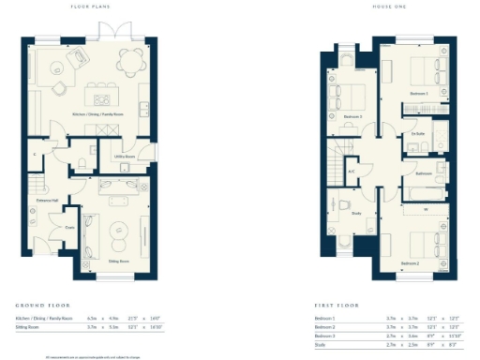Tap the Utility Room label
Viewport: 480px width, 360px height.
coord(125,157)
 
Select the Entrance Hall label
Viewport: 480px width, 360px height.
coord(47,201)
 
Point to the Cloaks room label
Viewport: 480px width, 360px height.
coord(69,226)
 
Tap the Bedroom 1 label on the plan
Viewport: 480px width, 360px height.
coord(418,95)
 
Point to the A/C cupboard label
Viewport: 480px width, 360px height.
coord(351,172)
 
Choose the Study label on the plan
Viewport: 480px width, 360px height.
coord(357,213)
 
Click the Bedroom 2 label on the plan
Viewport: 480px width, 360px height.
coord(410,263)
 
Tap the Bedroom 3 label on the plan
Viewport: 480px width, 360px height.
coord(352,116)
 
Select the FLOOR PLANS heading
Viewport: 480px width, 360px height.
coord(91,8)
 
